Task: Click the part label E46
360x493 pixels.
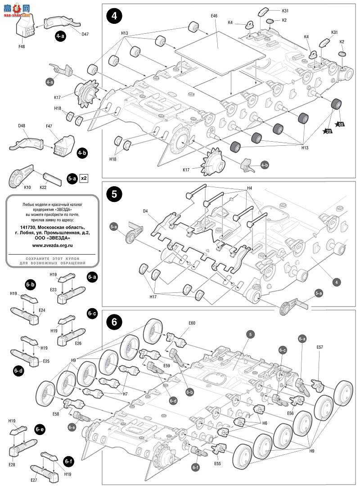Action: pyautogui.click(x=214, y=16)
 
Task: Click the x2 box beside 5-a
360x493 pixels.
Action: pyautogui.click(x=83, y=178)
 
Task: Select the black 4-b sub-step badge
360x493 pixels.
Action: pyautogui.click(x=82, y=152)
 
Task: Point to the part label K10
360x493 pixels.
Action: pyautogui.click(x=27, y=187)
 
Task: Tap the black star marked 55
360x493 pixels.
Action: pyautogui.click(x=341, y=124)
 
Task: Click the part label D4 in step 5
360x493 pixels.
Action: pyautogui.click(x=145, y=211)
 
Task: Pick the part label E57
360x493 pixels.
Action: pyautogui.click(x=320, y=347)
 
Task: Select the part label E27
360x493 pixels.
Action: pyautogui.click(x=34, y=480)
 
